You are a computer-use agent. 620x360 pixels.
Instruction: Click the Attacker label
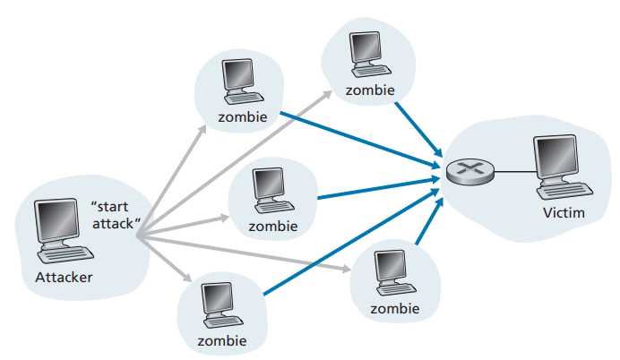(x=64, y=276)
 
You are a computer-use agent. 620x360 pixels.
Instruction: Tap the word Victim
(x=563, y=213)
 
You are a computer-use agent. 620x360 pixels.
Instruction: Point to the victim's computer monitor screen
(x=554, y=156)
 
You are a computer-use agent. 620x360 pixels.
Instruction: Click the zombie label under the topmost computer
(x=368, y=90)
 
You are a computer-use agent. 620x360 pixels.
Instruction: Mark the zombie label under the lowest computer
(x=220, y=342)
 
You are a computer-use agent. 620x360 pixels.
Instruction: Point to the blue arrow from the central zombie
(x=376, y=189)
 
